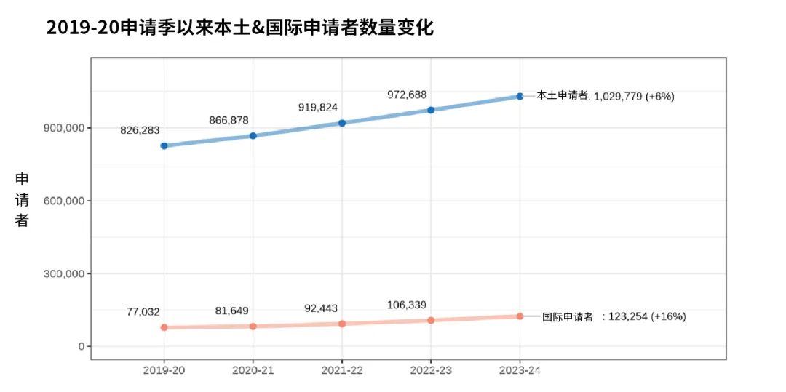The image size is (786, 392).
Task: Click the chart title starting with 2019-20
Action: point(239,28)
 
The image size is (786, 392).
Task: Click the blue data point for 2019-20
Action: point(164,145)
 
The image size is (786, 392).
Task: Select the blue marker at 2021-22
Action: point(342,123)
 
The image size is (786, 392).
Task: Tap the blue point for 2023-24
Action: point(520,96)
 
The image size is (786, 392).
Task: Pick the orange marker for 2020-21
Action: point(253,326)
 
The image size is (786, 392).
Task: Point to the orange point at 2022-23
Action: point(431,320)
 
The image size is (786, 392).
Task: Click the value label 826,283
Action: point(140,129)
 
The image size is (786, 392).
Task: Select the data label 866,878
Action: point(229,120)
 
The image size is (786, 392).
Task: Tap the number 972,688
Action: point(407,95)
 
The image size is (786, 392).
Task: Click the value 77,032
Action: point(143,311)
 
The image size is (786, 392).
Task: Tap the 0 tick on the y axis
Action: point(79,346)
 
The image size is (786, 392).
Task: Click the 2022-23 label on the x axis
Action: point(431,370)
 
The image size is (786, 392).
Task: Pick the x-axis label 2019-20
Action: point(164,370)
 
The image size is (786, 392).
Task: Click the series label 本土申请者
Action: point(563,95)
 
